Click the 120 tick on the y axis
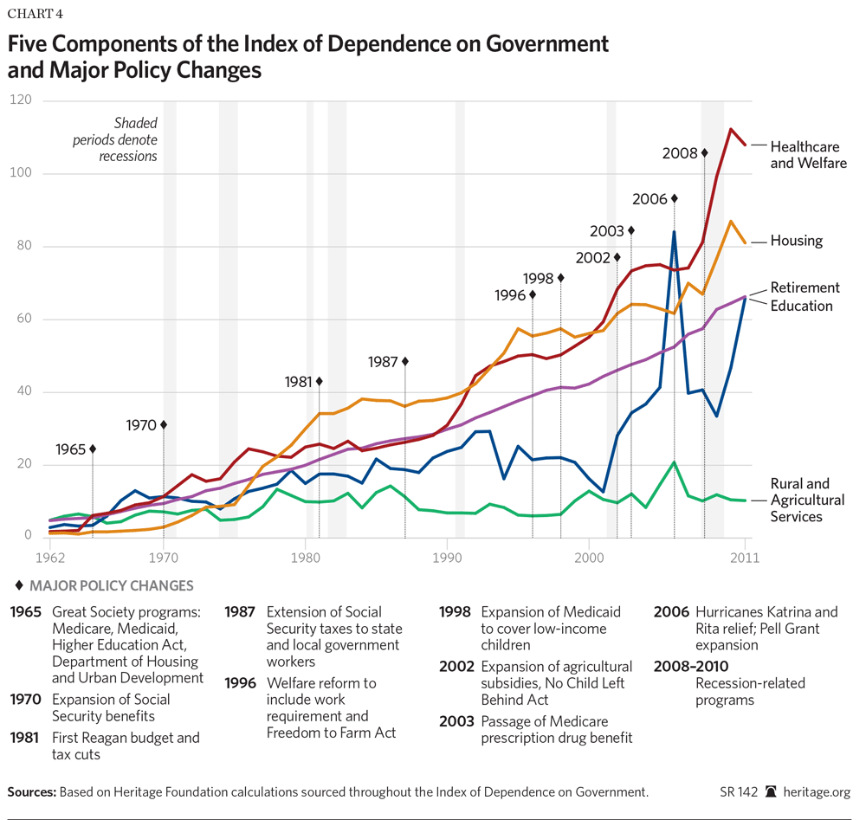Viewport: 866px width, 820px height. [19, 100]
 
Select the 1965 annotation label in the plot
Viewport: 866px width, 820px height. [71, 449]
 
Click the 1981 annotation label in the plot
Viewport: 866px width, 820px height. [300, 382]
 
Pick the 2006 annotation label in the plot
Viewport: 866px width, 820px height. [650, 199]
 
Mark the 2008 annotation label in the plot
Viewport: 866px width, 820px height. [681, 153]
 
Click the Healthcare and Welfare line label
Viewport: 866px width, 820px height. [808, 154]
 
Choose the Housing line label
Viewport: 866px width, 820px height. [796, 241]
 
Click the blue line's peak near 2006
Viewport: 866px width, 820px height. [674, 232]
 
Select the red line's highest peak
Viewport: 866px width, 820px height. [731, 129]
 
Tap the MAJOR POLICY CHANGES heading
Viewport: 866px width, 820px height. [107, 586]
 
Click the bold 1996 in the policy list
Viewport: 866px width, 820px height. [240, 683]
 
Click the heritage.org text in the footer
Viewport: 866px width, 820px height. [816, 792]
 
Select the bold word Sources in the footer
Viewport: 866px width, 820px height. [31, 792]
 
